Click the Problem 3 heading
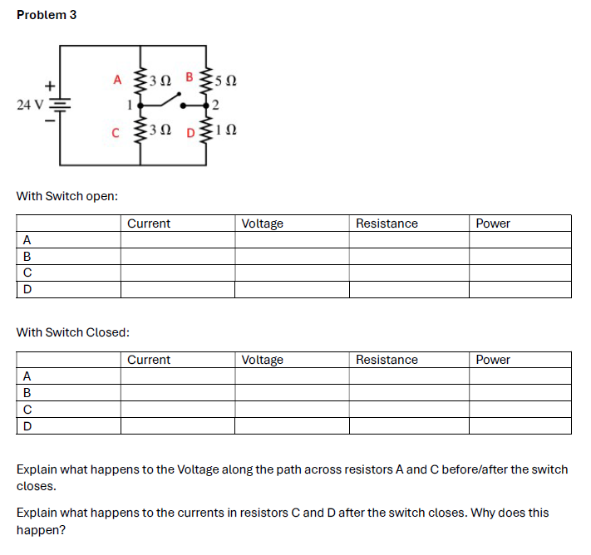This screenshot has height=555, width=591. (47, 15)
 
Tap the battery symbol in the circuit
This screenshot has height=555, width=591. (61, 107)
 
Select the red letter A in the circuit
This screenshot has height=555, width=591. (117, 80)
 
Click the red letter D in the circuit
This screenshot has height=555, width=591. (190, 132)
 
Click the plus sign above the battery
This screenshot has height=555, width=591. (50, 85)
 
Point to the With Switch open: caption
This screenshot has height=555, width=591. (67, 196)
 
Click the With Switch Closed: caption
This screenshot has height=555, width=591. (73, 332)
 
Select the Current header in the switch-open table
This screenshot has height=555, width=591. (149, 223)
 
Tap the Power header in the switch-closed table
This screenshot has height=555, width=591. (493, 360)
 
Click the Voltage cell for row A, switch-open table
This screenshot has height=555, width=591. (291, 240)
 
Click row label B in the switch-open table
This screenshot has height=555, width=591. (27, 257)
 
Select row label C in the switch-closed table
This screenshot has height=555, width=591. (27, 410)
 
